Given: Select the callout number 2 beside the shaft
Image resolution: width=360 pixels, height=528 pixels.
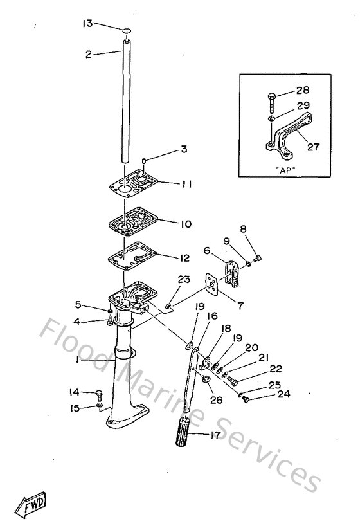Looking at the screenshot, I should [x=89, y=55].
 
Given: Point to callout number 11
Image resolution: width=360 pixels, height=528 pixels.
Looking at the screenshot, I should [x=186, y=184].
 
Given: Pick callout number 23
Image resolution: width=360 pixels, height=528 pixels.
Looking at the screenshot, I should [x=184, y=280].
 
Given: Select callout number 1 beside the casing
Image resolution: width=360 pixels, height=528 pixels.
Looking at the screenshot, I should [x=77, y=361].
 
